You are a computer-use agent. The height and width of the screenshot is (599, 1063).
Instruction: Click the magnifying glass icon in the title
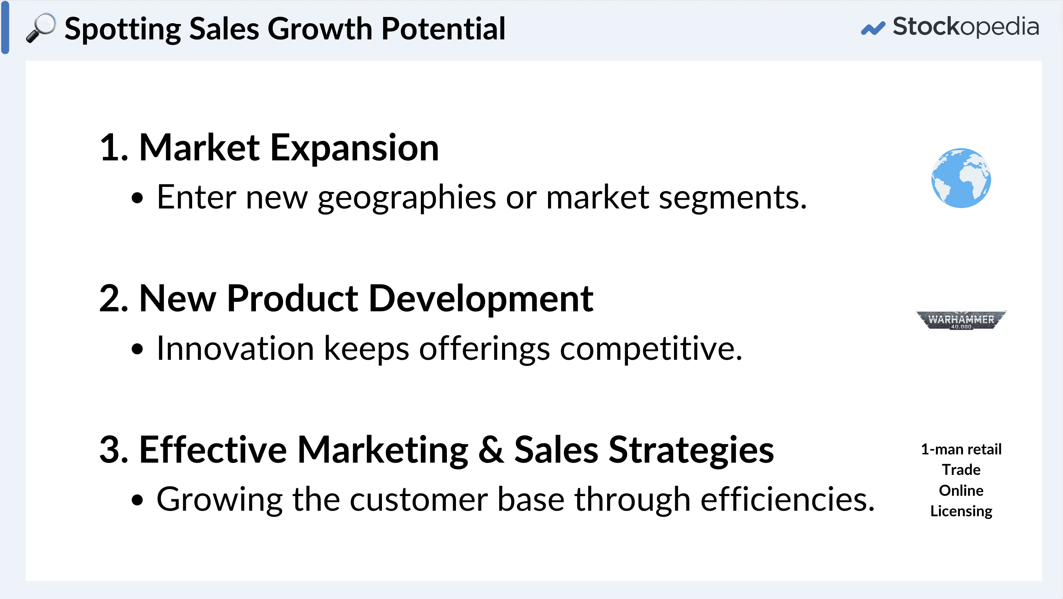[x=41, y=28]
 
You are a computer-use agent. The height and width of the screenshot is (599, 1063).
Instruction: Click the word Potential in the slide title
[x=443, y=29]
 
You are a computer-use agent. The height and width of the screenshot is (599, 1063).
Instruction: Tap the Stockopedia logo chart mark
[x=872, y=28]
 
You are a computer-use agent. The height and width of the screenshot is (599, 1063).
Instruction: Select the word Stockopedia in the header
[x=965, y=27]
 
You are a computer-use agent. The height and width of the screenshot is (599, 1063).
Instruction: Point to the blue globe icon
[x=961, y=178]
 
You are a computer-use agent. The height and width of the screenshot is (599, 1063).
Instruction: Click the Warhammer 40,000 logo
[x=961, y=320]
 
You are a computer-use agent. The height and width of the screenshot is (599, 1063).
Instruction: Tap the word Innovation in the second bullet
[x=235, y=349]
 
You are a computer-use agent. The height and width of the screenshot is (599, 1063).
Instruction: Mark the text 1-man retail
[x=961, y=449]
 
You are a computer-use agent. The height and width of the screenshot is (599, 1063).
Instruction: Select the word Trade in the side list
[x=961, y=470]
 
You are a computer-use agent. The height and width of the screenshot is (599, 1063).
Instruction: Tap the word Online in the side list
[x=961, y=490]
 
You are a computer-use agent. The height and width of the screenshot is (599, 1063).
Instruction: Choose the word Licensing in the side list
[x=961, y=511]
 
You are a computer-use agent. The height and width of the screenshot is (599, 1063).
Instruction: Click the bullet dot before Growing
[x=137, y=500]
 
